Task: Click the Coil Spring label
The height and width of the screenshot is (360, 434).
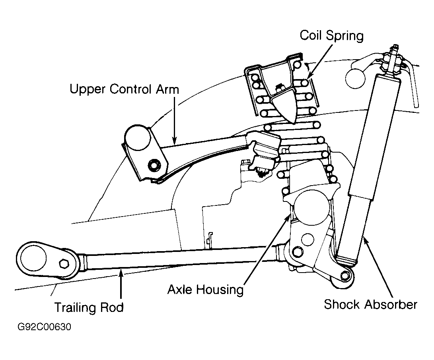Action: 332,36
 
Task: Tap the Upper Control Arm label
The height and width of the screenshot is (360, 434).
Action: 124,89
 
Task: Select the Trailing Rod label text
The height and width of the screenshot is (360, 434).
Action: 89,308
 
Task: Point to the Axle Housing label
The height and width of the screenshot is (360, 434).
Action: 205,290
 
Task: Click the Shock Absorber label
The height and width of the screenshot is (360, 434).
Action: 370,304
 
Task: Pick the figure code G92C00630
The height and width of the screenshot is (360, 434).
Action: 44,327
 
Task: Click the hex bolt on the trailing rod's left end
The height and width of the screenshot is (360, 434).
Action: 64,263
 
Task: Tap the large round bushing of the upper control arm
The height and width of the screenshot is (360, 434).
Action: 138,138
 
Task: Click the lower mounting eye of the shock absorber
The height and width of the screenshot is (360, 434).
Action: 344,276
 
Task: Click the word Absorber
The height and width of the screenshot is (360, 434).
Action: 391,304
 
